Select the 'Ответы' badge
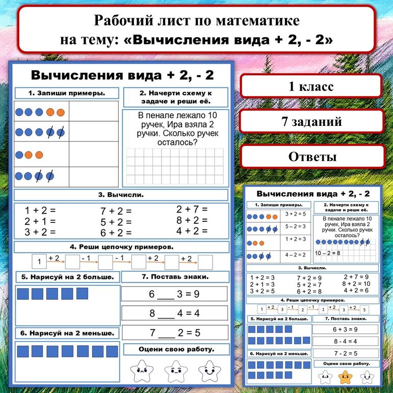(312, 156)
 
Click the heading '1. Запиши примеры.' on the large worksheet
(67, 93)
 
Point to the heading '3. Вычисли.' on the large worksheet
(121, 195)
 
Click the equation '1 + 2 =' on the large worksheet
(40, 210)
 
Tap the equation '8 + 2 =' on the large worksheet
(192, 220)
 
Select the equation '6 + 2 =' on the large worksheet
(116, 232)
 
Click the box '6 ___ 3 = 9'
(174, 294)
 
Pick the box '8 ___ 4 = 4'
(174, 313)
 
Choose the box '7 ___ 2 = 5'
(174, 333)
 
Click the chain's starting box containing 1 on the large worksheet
(39, 263)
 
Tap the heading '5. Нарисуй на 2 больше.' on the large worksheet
(67, 277)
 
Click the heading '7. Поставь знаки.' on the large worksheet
(174, 277)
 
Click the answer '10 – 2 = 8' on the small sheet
(328, 252)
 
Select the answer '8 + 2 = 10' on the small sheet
(356, 283)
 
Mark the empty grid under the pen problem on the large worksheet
(174, 166)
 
